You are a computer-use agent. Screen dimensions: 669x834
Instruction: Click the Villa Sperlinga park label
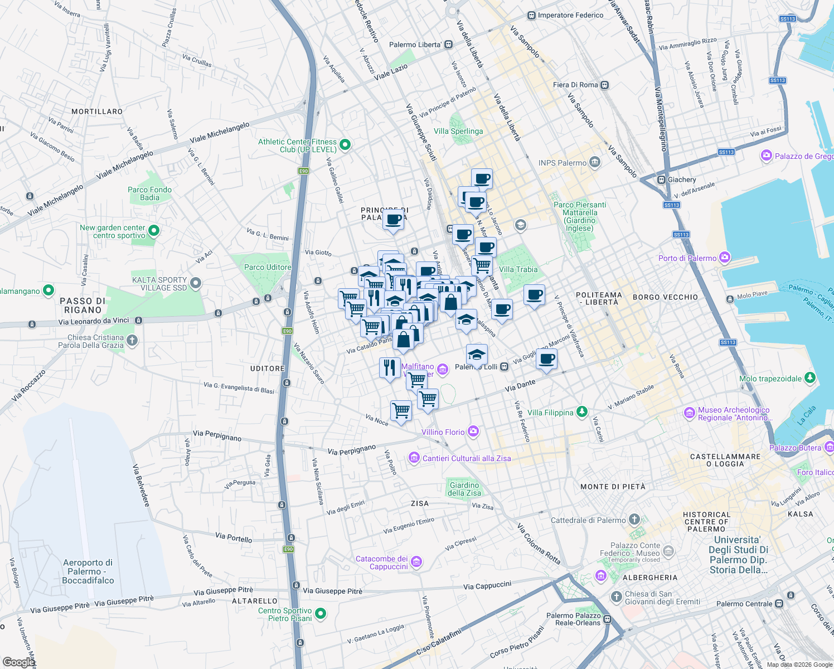458,132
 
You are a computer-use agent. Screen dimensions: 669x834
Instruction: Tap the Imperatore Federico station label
570,16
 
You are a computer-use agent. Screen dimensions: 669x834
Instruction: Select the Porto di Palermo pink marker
725,258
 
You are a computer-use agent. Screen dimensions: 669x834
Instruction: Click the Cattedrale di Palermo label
588,520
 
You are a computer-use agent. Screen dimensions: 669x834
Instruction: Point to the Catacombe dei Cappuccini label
382,563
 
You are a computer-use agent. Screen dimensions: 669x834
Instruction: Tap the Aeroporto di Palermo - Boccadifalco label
88,571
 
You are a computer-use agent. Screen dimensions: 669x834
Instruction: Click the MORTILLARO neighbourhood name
97,111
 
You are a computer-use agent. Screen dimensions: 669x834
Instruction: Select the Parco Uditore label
268,267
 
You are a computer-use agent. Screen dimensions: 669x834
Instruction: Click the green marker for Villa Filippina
581,412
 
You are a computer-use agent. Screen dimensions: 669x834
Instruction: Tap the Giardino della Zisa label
464,489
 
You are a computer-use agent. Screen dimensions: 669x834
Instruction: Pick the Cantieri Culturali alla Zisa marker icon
414,458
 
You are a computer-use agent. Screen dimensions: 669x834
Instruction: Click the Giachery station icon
661,180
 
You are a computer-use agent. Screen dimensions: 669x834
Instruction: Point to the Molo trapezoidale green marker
810,379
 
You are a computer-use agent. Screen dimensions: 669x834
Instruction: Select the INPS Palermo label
563,163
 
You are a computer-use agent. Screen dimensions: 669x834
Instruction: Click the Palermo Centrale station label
744,604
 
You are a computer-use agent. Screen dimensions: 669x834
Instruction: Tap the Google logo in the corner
18,662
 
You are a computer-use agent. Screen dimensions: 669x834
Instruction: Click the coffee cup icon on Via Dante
546,360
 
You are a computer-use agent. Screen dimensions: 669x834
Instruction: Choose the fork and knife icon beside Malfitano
390,368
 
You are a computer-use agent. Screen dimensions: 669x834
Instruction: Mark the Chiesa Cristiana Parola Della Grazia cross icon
132,340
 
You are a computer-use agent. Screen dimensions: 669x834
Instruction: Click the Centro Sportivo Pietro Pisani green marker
321,614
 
